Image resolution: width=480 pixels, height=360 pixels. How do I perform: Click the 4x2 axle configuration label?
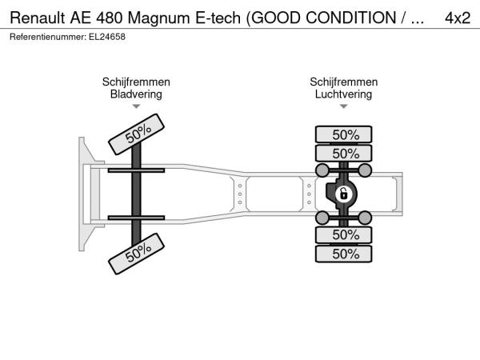click(458, 18)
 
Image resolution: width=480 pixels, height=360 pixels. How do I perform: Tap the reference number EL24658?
click(107, 37)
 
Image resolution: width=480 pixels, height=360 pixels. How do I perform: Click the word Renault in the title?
click(38, 18)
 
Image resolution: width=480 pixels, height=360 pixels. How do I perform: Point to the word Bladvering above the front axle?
click(136, 94)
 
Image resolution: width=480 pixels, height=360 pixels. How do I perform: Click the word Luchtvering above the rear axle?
click(343, 94)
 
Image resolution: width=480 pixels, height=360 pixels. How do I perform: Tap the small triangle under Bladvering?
click(136, 106)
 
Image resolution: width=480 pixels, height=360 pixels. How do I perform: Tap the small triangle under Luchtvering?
click(343, 106)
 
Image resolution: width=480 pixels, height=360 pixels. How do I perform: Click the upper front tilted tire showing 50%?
click(137, 134)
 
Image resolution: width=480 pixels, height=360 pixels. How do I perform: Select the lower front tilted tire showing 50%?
click(137, 254)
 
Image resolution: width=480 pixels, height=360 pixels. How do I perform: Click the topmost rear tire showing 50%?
click(343, 134)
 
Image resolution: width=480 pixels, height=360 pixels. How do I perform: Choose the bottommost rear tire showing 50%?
click(343, 254)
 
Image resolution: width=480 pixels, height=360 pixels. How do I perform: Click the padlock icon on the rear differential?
click(343, 194)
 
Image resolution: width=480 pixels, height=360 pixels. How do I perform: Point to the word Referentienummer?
click(47, 37)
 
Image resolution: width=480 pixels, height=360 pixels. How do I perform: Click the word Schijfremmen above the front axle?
click(136, 82)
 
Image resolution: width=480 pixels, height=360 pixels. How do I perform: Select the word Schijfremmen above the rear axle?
click(343, 82)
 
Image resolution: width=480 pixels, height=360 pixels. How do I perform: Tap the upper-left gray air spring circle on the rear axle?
click(322, 170)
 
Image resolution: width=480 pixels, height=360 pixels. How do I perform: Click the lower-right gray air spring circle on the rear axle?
click(365, 218)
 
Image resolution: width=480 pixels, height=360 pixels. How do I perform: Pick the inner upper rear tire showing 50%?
click(343, 154)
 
